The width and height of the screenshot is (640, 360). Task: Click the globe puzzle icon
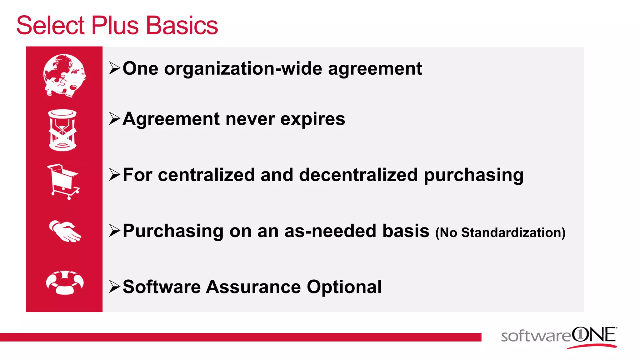[64, 75]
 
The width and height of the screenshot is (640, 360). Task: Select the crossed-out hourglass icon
[62, 130]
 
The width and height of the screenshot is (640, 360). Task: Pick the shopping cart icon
[64, 182]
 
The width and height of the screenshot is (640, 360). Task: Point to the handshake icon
[65, 231]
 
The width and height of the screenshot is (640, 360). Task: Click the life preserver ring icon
[65, 282]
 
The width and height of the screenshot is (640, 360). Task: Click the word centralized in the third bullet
[206, 175]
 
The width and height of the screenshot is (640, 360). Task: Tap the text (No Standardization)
[500, 233]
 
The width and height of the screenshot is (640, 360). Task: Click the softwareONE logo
[559, 337]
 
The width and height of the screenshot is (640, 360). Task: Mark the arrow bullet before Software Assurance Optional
[115, 287]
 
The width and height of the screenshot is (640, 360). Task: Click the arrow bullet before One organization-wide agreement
[115, 69]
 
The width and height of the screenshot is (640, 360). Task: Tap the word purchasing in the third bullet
[473, 175]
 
